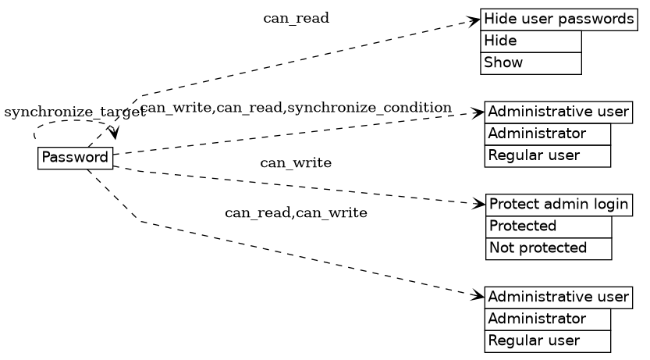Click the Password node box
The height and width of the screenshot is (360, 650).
75,158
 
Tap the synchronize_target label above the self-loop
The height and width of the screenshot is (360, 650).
75,112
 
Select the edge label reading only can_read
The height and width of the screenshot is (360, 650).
296,19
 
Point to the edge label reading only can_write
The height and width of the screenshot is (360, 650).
296,163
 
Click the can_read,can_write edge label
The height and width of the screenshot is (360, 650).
296,213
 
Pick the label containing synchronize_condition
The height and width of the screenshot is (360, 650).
296,108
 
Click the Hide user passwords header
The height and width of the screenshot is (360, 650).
558,20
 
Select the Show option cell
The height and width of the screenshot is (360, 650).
531,62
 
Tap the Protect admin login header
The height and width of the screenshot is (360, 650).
558,205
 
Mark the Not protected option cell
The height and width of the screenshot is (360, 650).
548,248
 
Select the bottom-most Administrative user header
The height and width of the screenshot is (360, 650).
558,298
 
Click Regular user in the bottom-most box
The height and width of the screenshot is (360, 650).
547,341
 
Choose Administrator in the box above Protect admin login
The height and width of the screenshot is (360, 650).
547,134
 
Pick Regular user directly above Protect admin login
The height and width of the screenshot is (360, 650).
547,156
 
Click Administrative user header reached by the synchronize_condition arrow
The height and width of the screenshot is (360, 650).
558,112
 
